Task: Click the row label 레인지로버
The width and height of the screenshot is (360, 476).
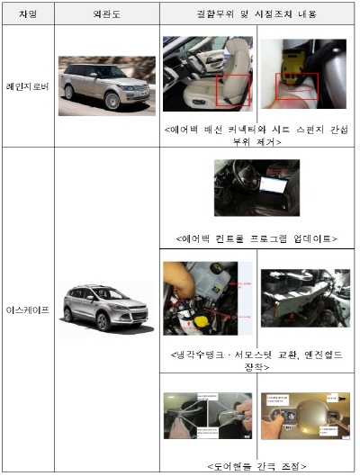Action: tap(27, 86)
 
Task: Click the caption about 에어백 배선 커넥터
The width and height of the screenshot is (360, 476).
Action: tap(258, 134)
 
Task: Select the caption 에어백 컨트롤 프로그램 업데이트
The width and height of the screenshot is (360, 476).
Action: tap(258, 238)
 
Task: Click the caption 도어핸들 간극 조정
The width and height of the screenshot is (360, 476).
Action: tap(258, 465)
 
